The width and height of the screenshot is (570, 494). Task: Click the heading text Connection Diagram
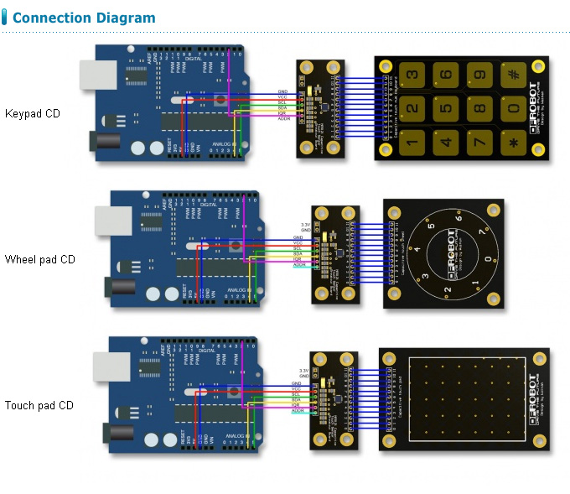tap(84, 18)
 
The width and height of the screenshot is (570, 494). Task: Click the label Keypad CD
tap(32, 113)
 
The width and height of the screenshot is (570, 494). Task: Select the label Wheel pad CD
tap(39, 259)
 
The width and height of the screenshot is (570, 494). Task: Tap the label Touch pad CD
tap(39, 405)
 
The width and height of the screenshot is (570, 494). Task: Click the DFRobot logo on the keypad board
tap(533, 107)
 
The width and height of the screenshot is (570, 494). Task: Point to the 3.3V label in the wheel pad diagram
tap(305, 225)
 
